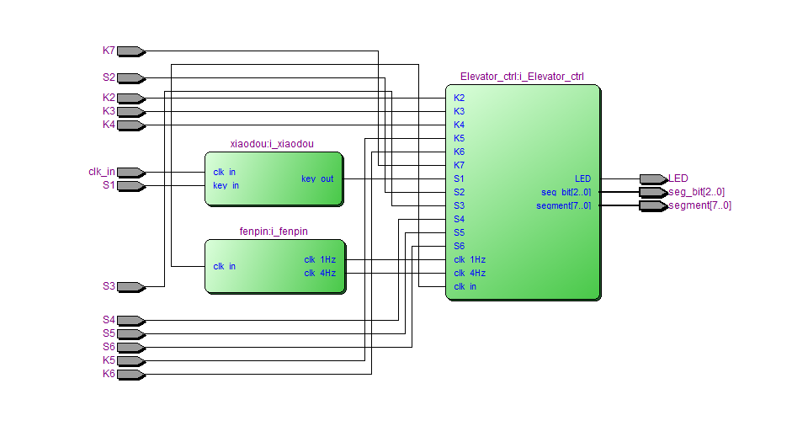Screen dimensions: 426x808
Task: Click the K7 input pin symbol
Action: coord(130,51)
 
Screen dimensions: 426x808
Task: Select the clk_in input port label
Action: coord(101,172)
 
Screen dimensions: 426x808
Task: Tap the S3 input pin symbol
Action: coord(130,287)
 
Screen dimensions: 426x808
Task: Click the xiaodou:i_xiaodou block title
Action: coord(271,144)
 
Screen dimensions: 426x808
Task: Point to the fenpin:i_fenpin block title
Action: coord(274,232)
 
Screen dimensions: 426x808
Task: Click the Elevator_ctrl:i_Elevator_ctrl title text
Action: coord(522,77)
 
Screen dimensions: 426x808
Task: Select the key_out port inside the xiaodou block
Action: coord(317,178)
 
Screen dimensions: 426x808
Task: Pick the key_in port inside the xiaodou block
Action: coord(226,185)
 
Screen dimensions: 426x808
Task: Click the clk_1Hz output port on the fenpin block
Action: coord(320,259)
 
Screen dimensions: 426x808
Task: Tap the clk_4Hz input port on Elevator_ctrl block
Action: coord(470,273)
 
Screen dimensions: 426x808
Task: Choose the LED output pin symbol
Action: coord(652,178)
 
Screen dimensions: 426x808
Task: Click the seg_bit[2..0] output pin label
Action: coord(696,192)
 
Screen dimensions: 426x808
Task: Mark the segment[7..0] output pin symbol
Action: coord(652,205)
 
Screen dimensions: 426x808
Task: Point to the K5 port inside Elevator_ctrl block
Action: coord(459,138)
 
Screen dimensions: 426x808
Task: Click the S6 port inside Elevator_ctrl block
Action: coord(459,246)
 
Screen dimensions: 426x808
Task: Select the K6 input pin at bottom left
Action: coord(130,374)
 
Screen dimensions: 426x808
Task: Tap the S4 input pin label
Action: coord(109,320)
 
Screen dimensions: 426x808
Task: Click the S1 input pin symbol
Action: coord(130,186)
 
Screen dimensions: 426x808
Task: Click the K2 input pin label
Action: coord(109,98)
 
